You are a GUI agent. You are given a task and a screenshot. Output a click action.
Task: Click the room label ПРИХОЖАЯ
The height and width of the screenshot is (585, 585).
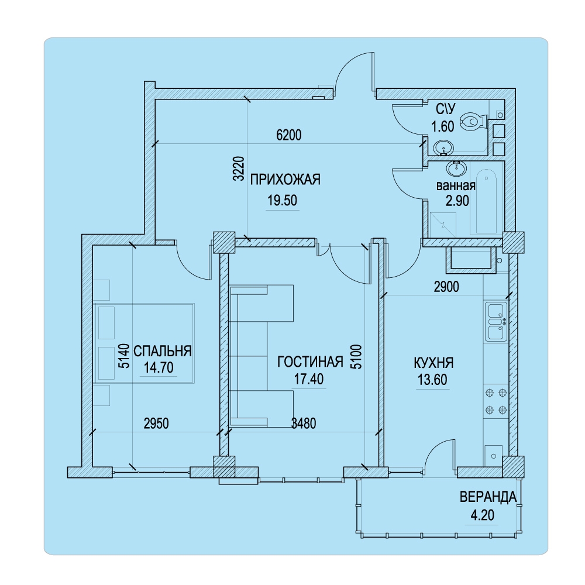[285, 180]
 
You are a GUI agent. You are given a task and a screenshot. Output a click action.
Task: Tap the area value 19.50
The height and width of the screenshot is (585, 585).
[283, 201]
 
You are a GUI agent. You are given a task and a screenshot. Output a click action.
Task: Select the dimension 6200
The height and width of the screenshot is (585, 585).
[289, 135]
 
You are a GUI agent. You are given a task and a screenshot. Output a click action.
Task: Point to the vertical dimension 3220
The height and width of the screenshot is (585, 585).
[239, 168]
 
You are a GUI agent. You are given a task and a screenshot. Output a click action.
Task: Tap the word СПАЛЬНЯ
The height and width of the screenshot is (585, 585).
[162, 351]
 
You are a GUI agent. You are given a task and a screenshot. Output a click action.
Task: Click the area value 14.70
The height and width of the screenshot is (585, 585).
[159, 368]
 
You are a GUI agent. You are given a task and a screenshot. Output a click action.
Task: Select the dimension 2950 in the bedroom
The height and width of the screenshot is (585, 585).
[156, 424]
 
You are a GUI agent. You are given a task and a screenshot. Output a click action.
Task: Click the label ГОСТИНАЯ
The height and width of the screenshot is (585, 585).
[311, 362]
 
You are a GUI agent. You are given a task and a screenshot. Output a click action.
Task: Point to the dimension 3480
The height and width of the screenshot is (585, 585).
[304, 424]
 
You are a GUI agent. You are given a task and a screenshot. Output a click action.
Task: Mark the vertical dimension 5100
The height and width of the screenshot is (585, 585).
[357, 357]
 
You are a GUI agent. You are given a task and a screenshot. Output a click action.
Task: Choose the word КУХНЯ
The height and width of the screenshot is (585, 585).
[433, 363]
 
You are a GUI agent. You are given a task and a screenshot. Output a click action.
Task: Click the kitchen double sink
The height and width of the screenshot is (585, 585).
[496, 322]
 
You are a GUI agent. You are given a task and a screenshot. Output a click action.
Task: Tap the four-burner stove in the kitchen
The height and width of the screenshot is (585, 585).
[496, 401]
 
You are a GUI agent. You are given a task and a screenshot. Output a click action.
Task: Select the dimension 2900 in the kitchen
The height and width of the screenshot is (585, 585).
[446, 287]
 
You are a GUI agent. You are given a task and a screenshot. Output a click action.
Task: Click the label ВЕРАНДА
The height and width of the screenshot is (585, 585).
[488, 497]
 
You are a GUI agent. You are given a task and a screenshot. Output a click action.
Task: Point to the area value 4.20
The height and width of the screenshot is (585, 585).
[482, 515]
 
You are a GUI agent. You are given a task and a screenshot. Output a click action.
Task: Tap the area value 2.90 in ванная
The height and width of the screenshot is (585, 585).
[457, 201]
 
